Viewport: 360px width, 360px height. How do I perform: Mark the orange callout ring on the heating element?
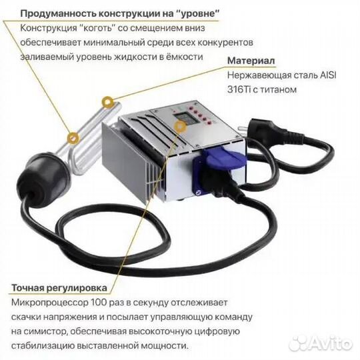106,103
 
